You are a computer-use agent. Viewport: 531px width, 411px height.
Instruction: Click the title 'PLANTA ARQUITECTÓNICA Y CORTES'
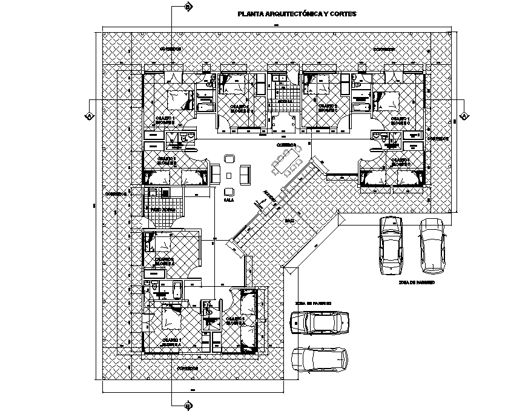[x=297, y=13]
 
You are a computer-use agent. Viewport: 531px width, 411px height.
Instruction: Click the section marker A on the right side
[x=464, y=116]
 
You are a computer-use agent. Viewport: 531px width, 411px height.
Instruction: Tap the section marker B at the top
[x=188, y=7]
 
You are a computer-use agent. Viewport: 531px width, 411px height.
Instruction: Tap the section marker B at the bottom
[x=188, y=405]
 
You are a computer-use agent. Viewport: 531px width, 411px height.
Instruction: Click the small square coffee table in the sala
[x=229, y=175]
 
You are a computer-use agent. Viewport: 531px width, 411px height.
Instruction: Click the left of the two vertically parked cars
[x=391, y=244]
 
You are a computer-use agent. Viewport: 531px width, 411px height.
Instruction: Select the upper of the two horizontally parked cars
[x=319, y=322]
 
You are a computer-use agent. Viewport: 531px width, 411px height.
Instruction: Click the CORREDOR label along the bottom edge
[x=187, y=368]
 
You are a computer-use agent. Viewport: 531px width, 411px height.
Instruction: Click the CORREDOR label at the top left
[x=170, y=48]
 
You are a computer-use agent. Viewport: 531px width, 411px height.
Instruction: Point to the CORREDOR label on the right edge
[x=438, y=139]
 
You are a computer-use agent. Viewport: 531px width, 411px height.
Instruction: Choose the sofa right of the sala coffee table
[x=244, y=174]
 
